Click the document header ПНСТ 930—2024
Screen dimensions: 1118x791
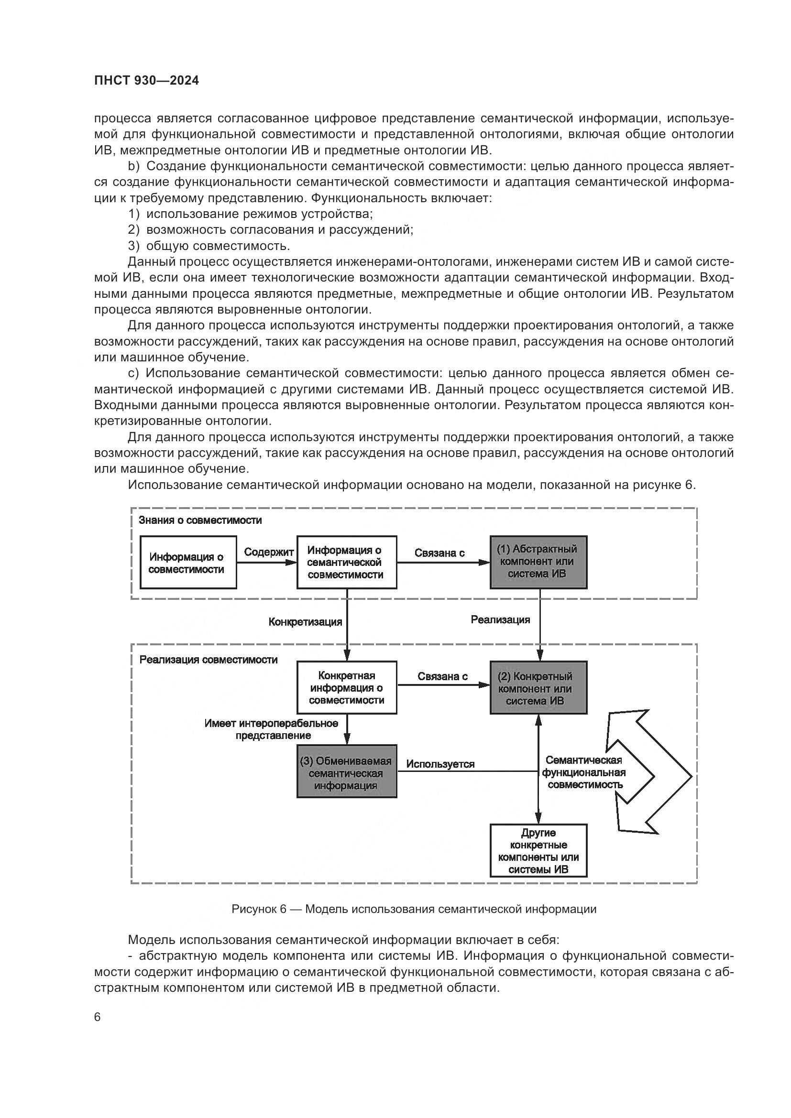pos(147,81)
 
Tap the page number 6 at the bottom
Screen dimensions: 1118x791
pos(98,1017)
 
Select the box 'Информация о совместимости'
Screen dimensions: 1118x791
pos(188,563)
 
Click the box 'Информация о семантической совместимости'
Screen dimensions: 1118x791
pos(347,563)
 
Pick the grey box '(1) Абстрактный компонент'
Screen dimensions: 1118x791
pos(538,562)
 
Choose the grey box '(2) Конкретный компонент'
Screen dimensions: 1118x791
pos(538,687)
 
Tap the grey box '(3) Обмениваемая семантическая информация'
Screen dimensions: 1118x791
pos(347,773)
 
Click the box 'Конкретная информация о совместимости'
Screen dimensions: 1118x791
pos(347,687)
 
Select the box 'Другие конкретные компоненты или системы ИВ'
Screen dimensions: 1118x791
pos(538,851)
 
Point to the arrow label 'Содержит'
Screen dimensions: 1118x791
pos(268,552)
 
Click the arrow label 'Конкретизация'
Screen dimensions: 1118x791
pos(306,622)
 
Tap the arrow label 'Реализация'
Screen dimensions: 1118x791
pos(500,619)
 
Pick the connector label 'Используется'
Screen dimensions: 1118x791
pos(440,764)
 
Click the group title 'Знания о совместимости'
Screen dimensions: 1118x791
pos(200,520)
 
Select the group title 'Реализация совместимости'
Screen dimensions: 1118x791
pos(209,660)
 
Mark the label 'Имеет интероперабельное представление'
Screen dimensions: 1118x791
pos(272,729)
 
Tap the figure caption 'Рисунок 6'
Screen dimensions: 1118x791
pos(414,909)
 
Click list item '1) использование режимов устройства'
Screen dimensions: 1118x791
pos(250,214)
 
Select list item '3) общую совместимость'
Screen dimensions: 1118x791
pos(209,245)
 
